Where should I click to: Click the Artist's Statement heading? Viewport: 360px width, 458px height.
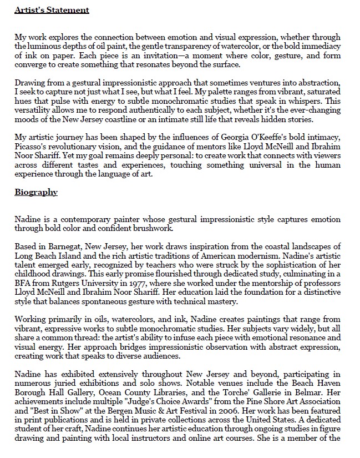click(x=51, y=10)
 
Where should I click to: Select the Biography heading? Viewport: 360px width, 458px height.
click(x=36, y=192)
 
